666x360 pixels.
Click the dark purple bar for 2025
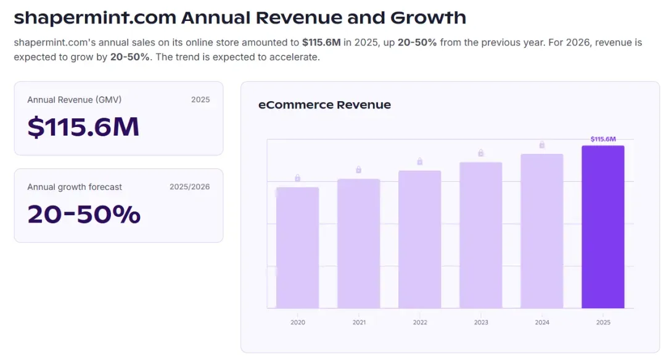click(602, 227)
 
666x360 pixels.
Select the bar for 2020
click(297, 248)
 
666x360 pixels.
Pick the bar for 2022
click(420, 239)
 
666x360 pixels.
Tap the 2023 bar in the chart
click(481, 235)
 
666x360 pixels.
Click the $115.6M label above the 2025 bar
click(603, 139)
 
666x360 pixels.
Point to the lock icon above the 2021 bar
click(358, 170)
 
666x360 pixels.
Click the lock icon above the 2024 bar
click(542, 145)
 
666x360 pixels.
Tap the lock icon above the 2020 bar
click(297, 178)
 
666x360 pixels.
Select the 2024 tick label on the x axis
click(542, 322)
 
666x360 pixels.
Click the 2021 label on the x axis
click(359, 322)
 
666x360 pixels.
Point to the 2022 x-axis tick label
click(420, 322)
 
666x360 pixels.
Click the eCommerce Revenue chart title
click(324, 105)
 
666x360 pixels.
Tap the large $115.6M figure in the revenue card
click(83, 126)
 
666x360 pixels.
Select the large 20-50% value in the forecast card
click(84, 214)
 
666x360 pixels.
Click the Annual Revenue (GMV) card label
click(75, 100)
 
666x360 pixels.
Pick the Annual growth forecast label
click(75, 187)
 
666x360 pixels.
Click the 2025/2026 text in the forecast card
click(189, 187)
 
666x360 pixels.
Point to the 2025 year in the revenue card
click(200, 100)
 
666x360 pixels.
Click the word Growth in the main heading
click(428, 18)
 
